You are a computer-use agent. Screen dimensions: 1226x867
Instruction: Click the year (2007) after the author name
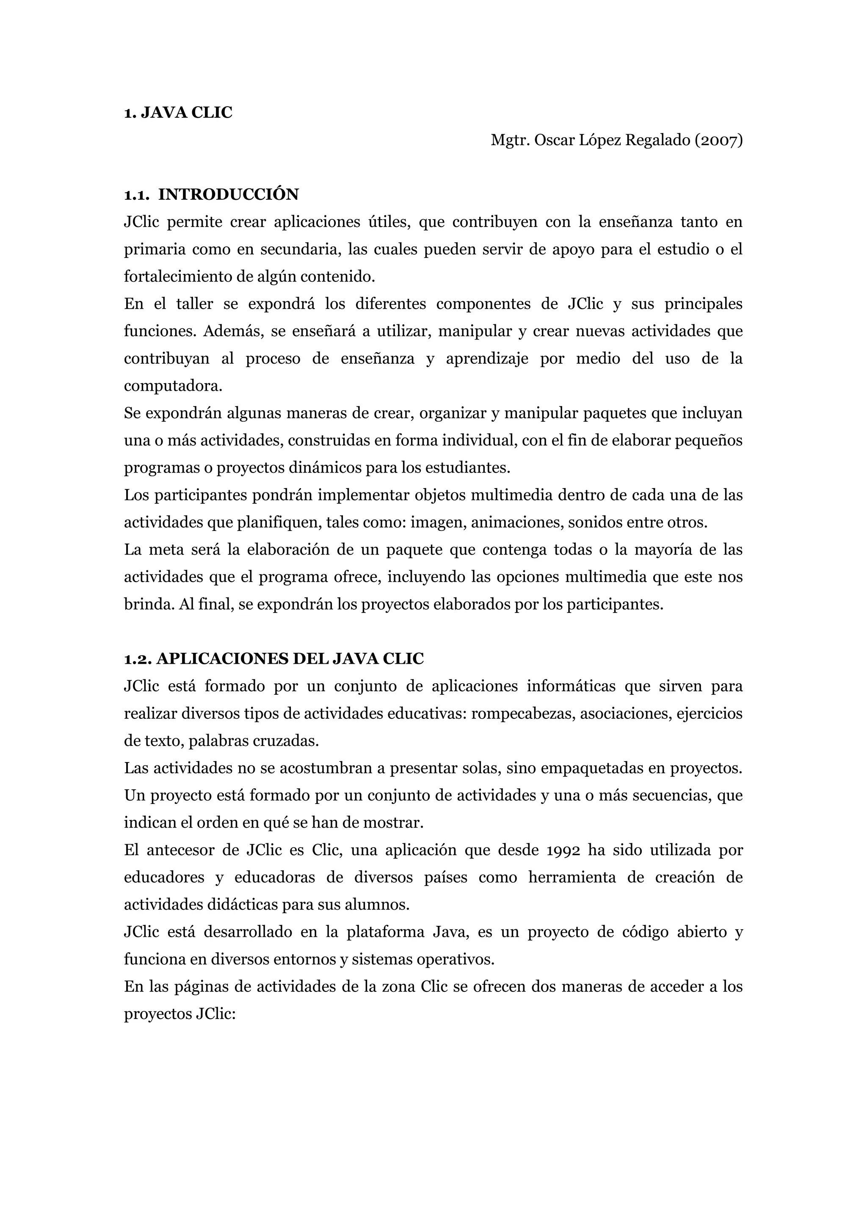point(718,141)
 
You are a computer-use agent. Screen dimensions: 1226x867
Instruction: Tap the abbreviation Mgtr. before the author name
point(510,141)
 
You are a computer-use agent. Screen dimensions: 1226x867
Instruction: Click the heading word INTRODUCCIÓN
point(229,194)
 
